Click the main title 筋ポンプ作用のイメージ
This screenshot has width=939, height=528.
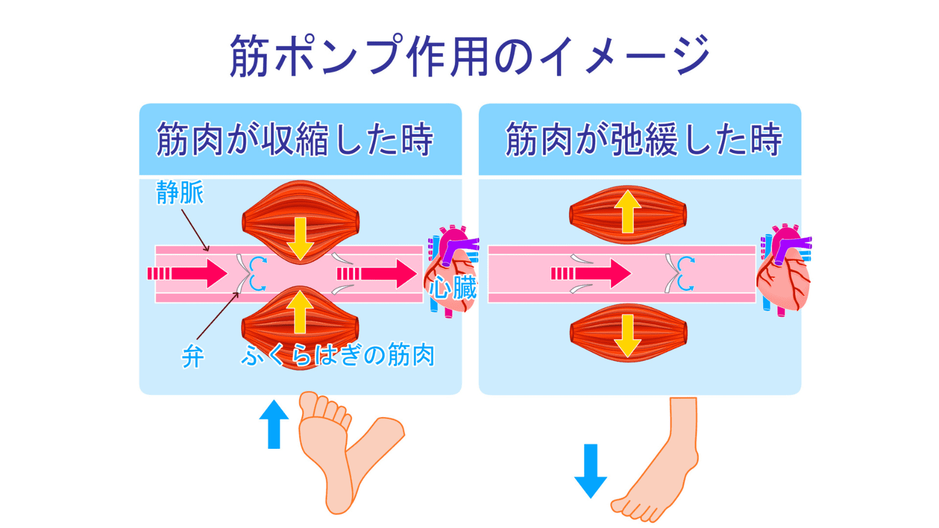pyautogui.click(x=469, y=56)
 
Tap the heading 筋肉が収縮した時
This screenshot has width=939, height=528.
pyautogui.click(x=295, y=140)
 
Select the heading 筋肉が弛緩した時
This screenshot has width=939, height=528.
pyautogui.click(x=644, y=140)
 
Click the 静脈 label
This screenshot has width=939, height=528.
pyautogui.click(x=180, y=192)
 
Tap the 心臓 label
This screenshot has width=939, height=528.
pyautogui.click(x=452, y=288)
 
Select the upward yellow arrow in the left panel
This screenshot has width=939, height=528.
pyautogui.click(x=300, y=311)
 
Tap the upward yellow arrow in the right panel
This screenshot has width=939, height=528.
pyautogui.click(x=627, y=211)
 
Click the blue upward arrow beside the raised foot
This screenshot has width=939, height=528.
pyautogui.click(x=273, y=424)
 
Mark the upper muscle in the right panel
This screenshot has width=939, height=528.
pyautogui.click(x=627, y=215)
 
